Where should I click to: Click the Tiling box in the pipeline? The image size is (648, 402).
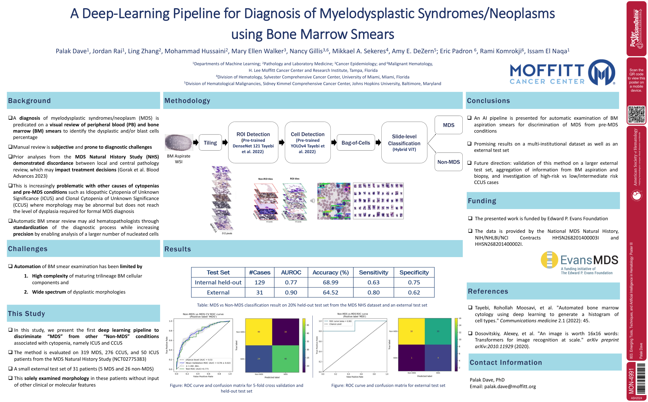click(x=210, y=143)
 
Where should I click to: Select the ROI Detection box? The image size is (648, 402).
click(x=253, y=142)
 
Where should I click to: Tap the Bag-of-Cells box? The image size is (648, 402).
click(x=356, y=143)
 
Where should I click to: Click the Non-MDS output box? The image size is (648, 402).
click(x=448, y=162)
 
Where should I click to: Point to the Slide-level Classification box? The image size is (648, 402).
click(x=404, y=143)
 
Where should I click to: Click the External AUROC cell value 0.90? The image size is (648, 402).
click(x=291, y=292)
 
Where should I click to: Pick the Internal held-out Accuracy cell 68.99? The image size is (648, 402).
click(x=330, y=282)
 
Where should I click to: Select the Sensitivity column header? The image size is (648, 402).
click(x=373, y=272)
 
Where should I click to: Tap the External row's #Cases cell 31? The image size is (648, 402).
click(x=259, y=292)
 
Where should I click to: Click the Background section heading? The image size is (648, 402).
click(x=29, y=101)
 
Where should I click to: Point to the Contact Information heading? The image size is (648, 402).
click(x=506, y=363)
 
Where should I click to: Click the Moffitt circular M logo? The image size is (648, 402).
click(x=601, y=72)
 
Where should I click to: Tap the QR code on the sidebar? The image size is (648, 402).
click(x=636, y=114)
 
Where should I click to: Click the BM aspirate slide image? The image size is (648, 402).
click(x=179, y=142)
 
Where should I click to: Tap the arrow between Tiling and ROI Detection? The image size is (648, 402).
click(x=225, y=143)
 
